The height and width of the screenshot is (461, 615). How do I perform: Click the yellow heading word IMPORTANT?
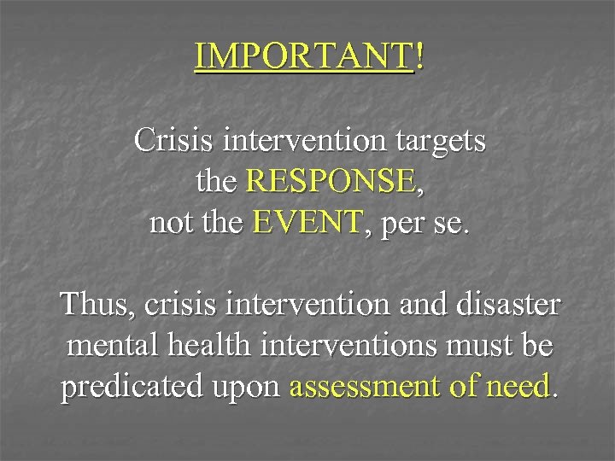(x=303, y=56)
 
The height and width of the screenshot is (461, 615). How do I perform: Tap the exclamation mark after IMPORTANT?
(x=418, y=56)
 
